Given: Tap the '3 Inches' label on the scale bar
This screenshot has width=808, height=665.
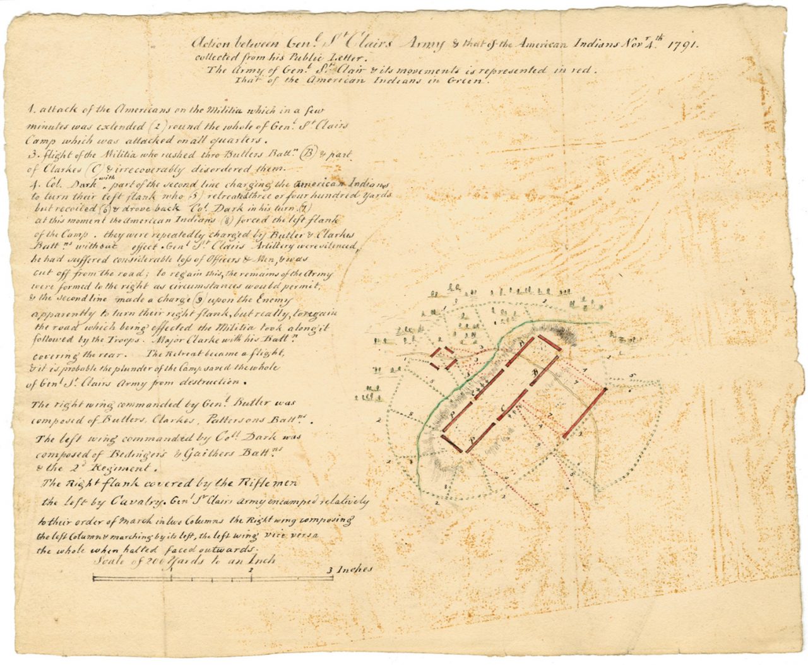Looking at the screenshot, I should pos(350,568).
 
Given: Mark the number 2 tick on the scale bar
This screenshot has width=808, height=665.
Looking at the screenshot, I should pos(251,570).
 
